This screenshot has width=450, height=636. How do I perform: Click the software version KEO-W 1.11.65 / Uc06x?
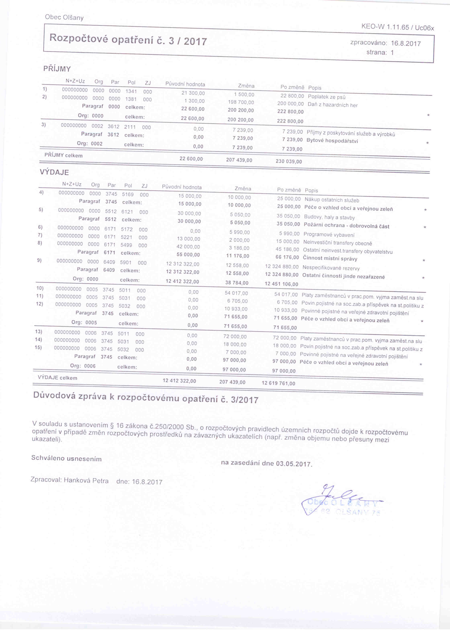(x=398, y=27)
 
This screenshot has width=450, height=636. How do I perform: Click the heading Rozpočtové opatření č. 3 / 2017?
(x=128, y=39)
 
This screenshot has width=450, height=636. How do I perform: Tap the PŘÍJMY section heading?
(x=57, y=69)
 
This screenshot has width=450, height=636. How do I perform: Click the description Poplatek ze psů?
(x=327, y=97)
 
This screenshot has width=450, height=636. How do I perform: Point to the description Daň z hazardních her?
(x=333, y=105)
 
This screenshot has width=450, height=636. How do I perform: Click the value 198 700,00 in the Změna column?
(x=241, y=102)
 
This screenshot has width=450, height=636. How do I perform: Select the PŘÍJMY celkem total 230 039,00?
(x=289, y=161)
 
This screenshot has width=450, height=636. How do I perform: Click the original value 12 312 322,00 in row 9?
(x=183, y=264)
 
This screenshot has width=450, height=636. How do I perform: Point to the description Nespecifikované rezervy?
(x=331, y=268)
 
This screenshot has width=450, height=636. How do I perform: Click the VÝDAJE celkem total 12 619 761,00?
(x=278, y=383)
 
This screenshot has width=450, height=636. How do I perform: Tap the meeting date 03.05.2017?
(x=294, y=464)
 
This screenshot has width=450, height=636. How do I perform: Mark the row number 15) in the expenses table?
(x=38, y=347)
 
